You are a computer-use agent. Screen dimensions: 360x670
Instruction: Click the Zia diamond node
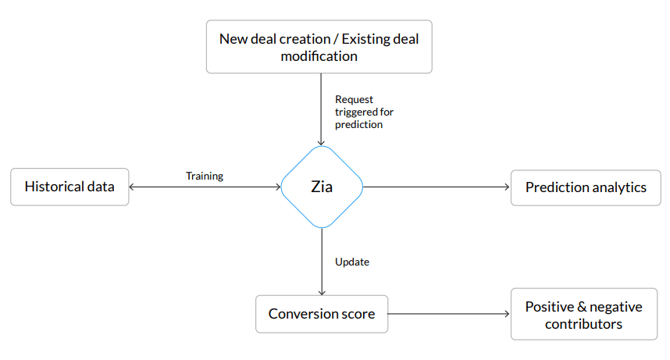click(322, 187)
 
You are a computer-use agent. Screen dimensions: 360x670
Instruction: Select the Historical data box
click(69, 187)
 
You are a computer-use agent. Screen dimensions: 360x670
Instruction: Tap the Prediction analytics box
click(585, 187)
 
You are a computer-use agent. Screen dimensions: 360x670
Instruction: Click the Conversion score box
click(322, 314)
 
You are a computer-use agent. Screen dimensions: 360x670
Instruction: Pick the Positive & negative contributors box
click(584, 315)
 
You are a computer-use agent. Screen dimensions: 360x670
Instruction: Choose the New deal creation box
click(319, 47)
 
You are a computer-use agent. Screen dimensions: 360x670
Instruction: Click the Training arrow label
click(205, 176)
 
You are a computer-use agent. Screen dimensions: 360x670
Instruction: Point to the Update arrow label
click(351, 262)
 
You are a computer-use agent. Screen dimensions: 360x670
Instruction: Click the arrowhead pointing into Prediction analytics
click(507, 187)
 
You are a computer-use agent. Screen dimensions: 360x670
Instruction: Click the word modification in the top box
click(319, 56)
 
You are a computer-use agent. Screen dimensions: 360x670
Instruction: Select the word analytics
click(618, 187)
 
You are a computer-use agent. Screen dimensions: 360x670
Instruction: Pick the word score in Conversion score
click(358, 314)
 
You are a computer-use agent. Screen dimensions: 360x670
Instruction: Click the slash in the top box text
click(316, 38)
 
